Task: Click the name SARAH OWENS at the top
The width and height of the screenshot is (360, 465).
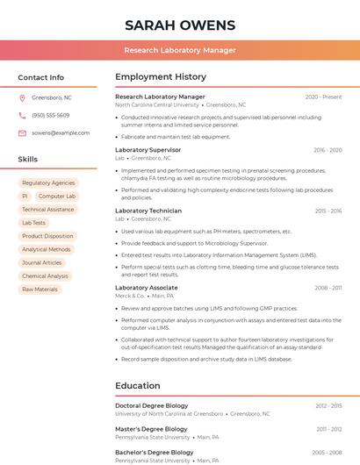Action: pyautogui.click(x=180, y=25)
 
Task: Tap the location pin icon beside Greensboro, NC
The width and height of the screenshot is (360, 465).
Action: pyautogui.click(x=22, y=97)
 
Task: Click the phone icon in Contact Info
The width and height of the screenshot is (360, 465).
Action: pyautogui.click(x=22, y=115)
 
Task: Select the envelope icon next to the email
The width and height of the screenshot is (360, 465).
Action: pyautogui.click(x=22, y=132)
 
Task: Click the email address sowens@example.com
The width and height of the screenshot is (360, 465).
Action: pyautogui.click(x=61, y=132)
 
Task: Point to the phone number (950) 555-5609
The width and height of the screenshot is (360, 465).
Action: pyautogui.click(x=50, y=115)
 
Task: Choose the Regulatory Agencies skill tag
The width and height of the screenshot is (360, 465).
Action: pyautogui.click(x=48, y=183)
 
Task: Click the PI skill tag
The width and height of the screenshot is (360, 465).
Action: pyautogui.click(x=25, y=197)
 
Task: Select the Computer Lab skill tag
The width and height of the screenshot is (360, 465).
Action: pyautogui.click(x=57, y=197)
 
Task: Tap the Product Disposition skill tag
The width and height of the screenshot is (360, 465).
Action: pyautogui.click(x=47, y=236)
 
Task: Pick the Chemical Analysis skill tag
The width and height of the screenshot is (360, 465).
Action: pyautogui.click(x=45, y=275)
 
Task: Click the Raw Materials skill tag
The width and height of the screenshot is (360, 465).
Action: pyautogui.click(x=40, y=289)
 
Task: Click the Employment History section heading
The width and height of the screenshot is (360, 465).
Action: pyautogui.click(x=161, y=77)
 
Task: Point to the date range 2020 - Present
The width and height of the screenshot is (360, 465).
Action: pyautogui.click(x=323, y=97)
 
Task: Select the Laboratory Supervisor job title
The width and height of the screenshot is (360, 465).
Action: pyautogui.click(x=148, y=150)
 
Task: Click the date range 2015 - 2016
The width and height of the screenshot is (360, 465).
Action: pyautogui.click(x=328, y=211)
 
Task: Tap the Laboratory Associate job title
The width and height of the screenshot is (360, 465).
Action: pyautogui.click(x=146, y=288)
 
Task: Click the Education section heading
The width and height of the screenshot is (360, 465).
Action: pyautogui.click(x=137, y=386)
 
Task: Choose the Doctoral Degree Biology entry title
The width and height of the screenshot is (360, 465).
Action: pyautogui.click(x=151, y=406)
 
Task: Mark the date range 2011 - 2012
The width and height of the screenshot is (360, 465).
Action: pyautogui.click(x=328, y=429)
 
